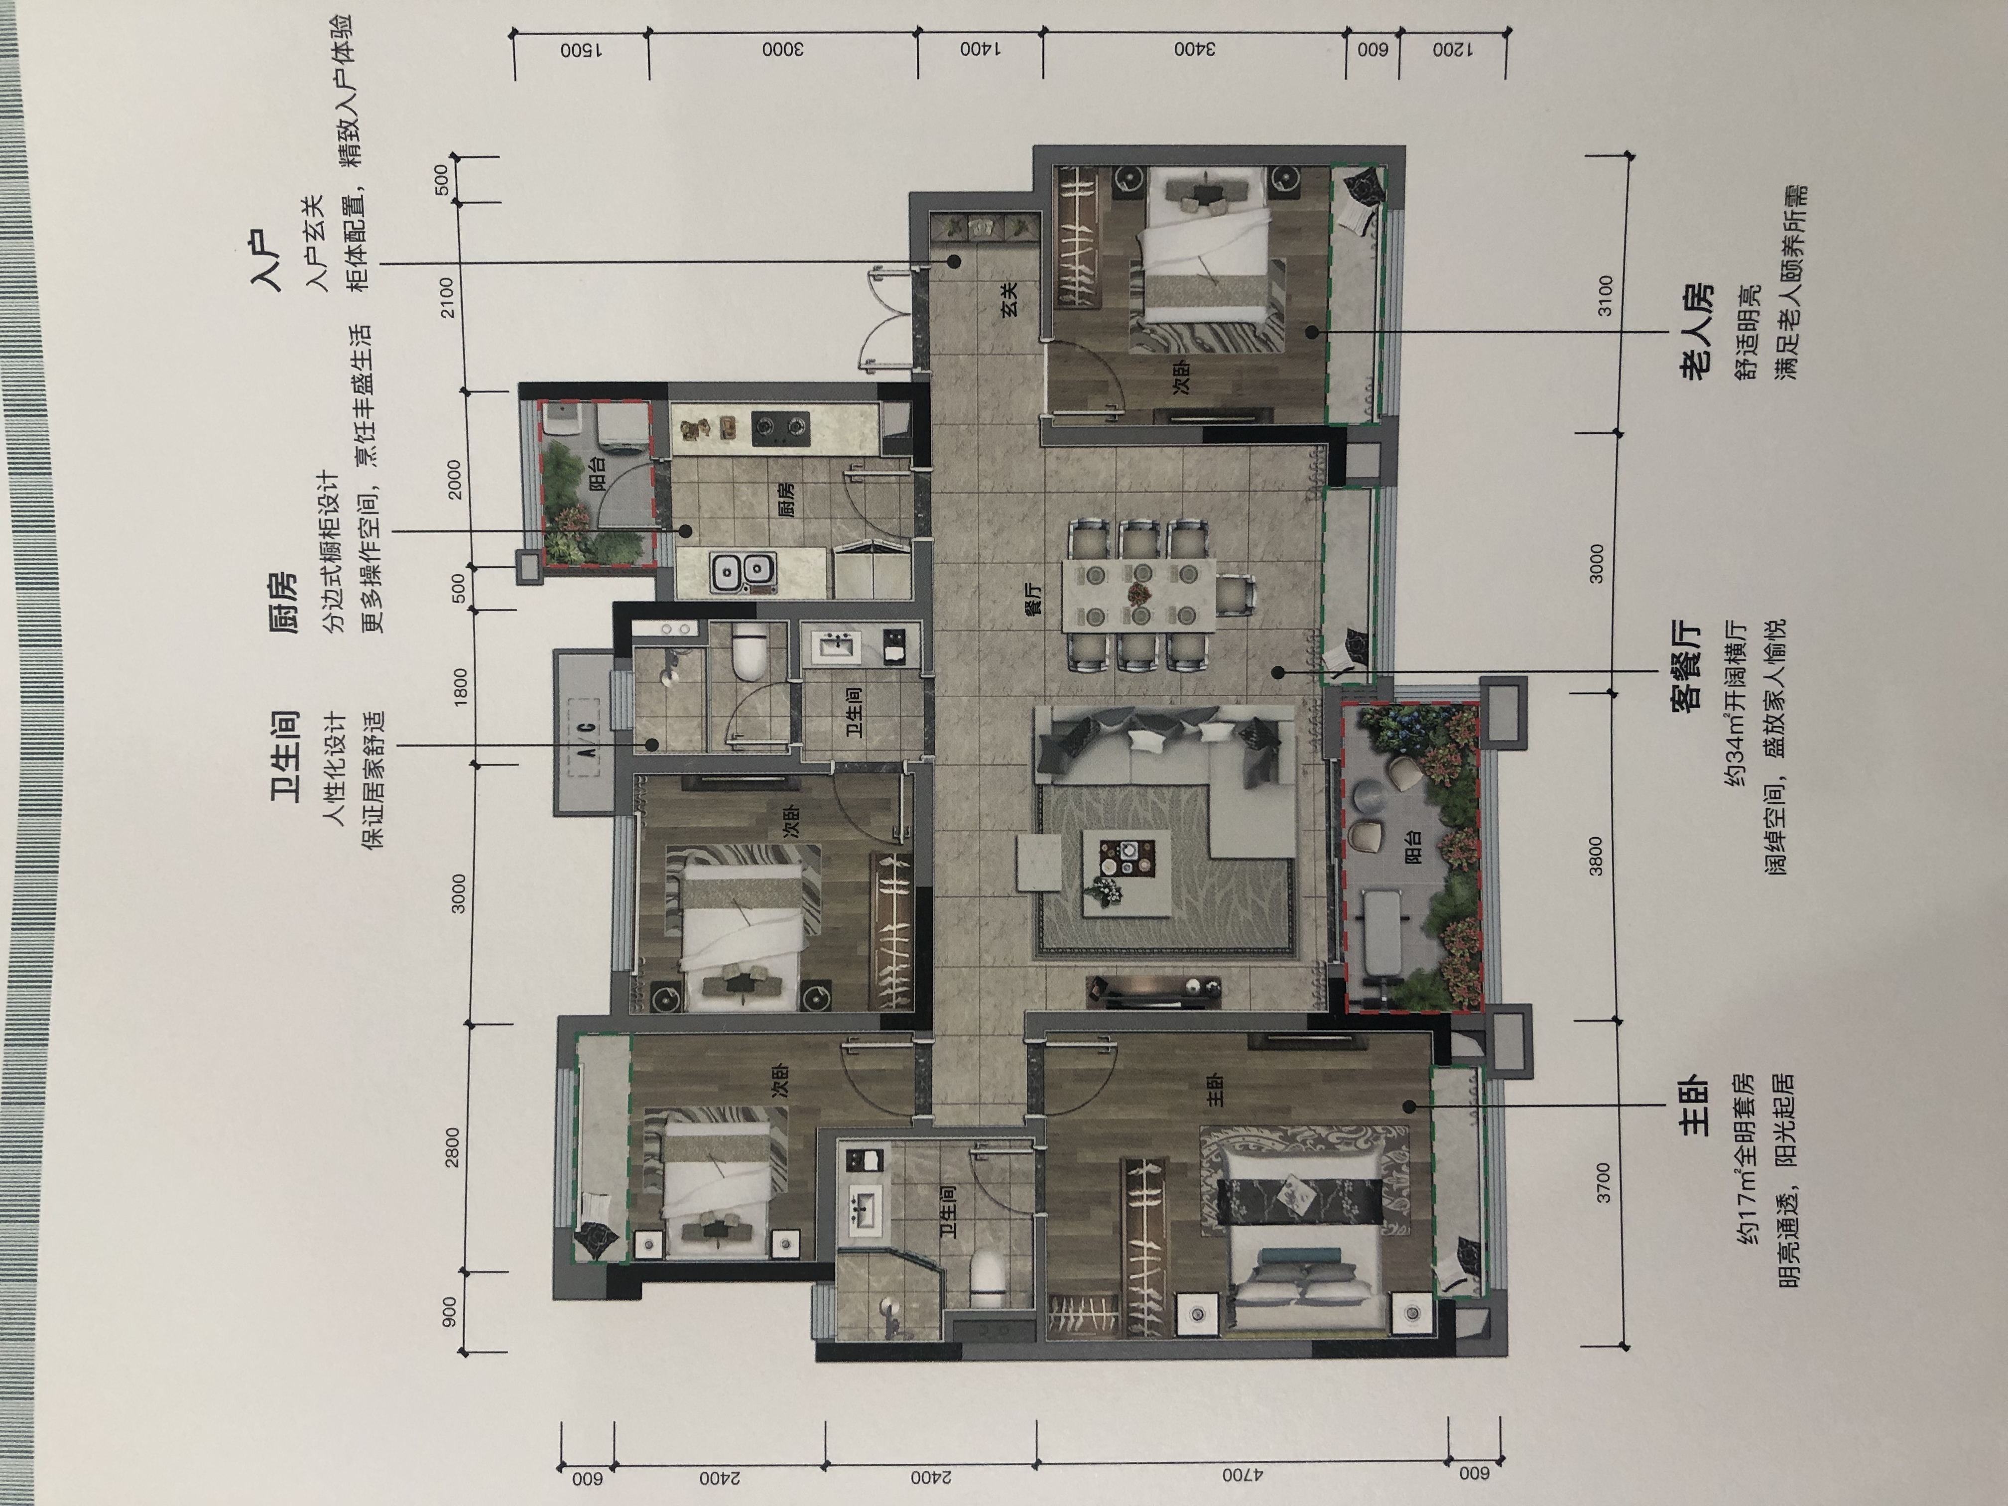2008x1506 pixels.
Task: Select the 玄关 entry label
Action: [x=1010, y=298]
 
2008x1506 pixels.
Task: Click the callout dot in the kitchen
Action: [x=685, y=531]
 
